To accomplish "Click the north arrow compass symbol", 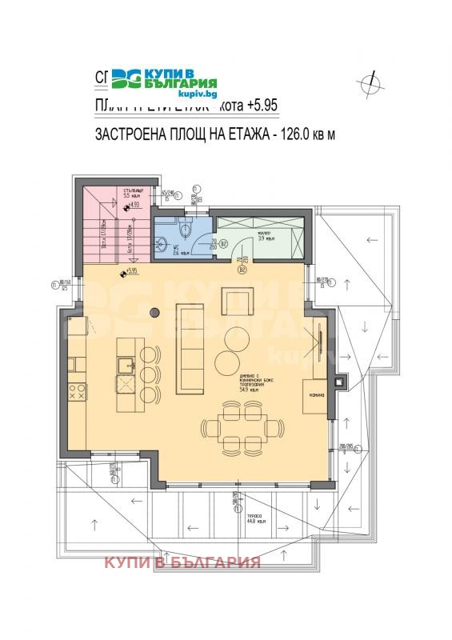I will pos(370,81).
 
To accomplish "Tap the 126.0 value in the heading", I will pos(296,134).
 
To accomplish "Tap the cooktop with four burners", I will pos(78,392).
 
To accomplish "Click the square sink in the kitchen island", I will pos(126,366).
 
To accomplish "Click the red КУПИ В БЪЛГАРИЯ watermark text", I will pos(182,562).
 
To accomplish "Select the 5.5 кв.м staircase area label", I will pos(132,194).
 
